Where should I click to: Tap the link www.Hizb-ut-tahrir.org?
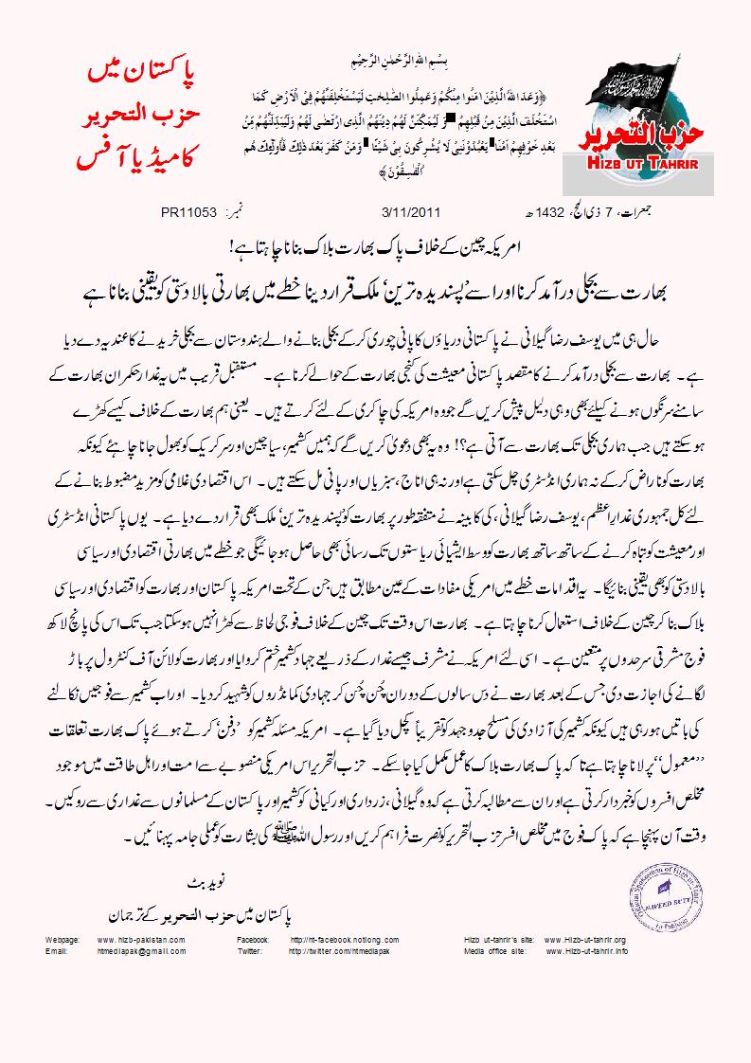click(585, 939)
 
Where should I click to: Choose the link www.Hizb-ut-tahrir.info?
click(585, 949)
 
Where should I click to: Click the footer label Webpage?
click(62, 939)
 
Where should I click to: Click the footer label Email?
click(55, 949)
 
